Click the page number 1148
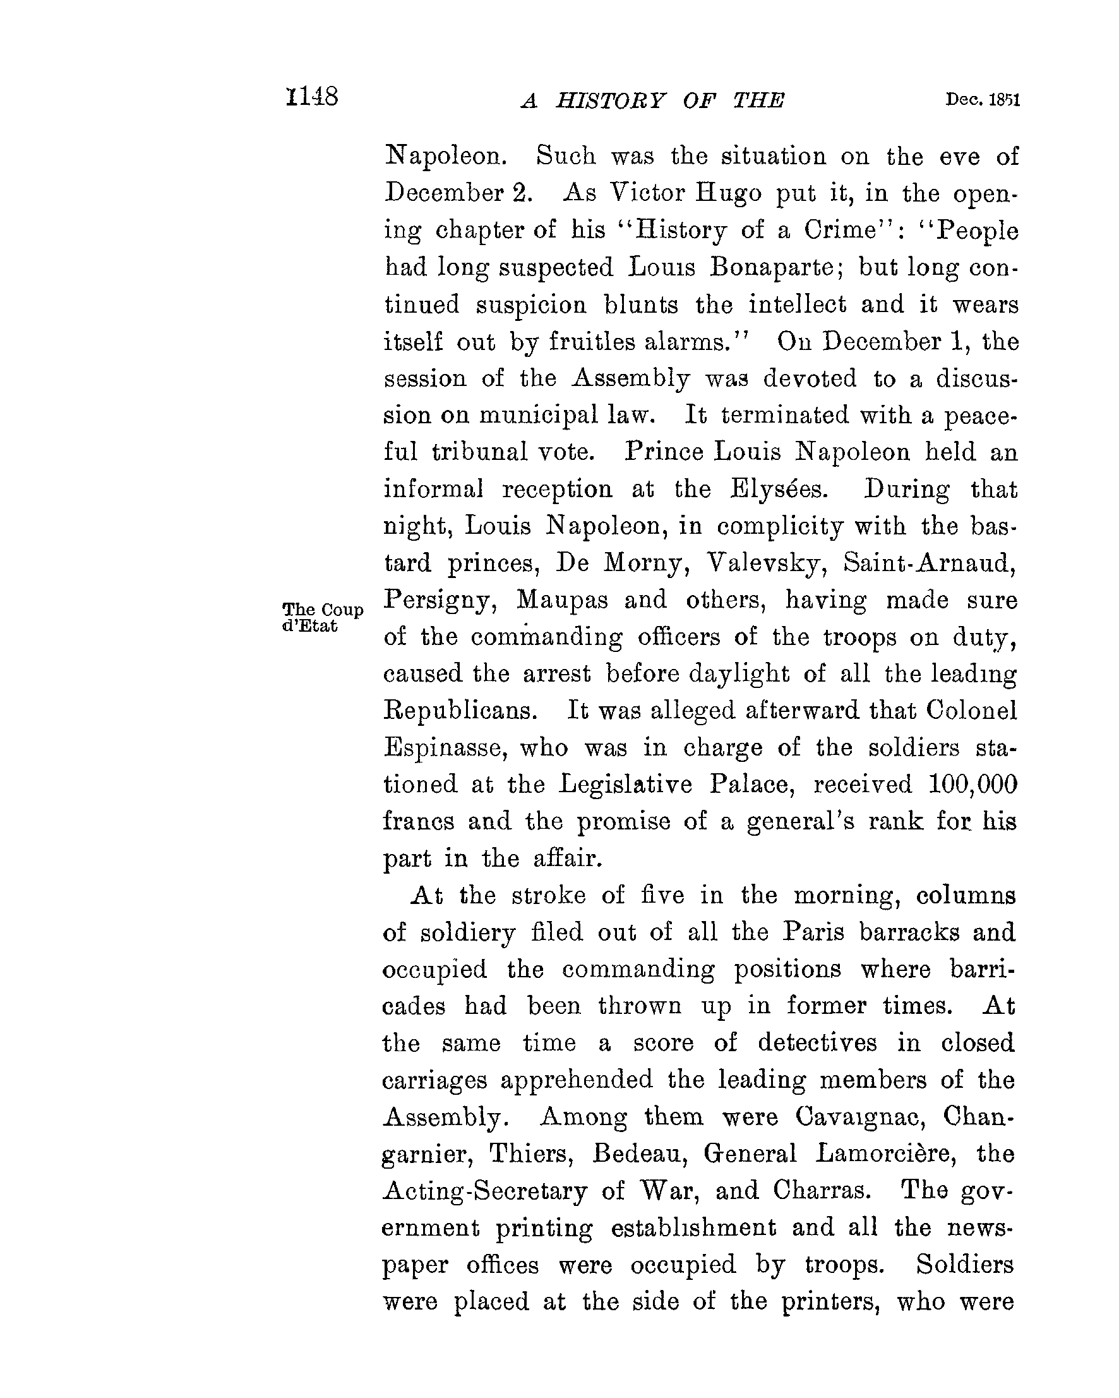[312, 97]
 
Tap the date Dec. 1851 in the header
[982, 100]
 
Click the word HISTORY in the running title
[610, 101]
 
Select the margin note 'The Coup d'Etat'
[323, 617]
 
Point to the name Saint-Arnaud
[930, 563]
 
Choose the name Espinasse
[443, 747]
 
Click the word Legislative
[626, 785]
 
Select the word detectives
[817, 1043]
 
